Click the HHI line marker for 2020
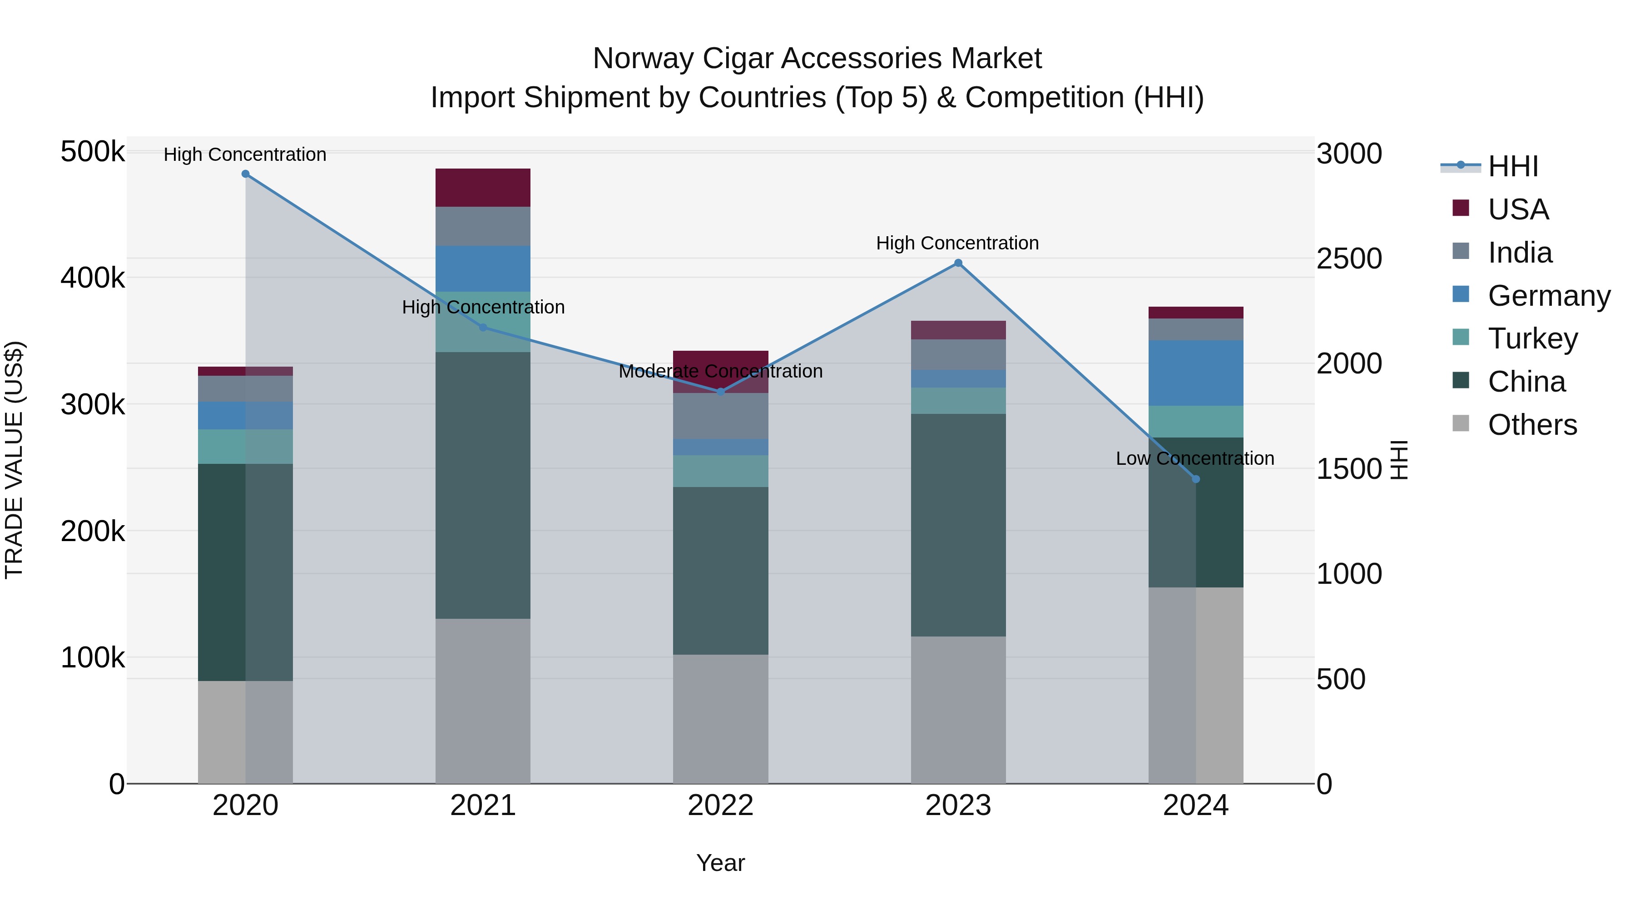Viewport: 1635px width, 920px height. pyautogui.click(x=246, y=174)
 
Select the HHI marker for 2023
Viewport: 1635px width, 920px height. pyautogui.click(x=958, y=263)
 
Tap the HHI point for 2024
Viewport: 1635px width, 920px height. pyautogui.click(x=1196, y=479)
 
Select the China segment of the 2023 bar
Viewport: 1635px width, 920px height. pyautogui.click(x=958, y=525)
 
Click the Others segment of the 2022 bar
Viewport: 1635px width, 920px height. pyautogui.click(x=720, y=719)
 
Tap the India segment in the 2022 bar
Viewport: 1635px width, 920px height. pyautogui.click(x=720, y=416)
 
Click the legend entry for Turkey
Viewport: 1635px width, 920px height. pyautogui.click(x=1532, y=338)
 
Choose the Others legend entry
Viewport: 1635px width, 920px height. pyautogui.click(x=1532, y=425)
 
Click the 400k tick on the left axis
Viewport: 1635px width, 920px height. pyautogui.click(x=93, y=278)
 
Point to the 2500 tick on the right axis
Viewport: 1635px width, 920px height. pyautogui.click(x=1349, y=259)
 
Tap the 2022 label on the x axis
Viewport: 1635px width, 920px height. pyautogui.click(x=720, y=806)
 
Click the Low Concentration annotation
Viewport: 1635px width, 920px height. pyautogui.click(x=1194, y=458)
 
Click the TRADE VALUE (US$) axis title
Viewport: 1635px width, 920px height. pyautogui.click(x=14, y=460)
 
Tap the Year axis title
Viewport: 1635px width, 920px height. pyautogui.click(x=720, y=863)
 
